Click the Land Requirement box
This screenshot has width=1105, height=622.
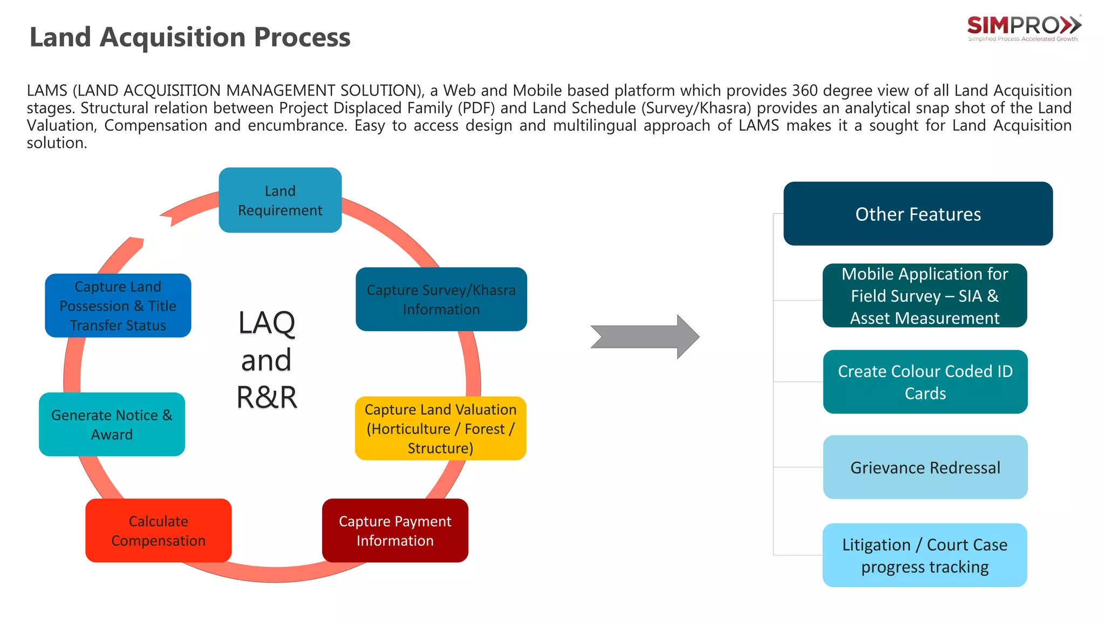click(280, 200)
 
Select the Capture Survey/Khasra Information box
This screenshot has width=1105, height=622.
click(441, 299)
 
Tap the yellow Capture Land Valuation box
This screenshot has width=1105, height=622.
click(440, 428)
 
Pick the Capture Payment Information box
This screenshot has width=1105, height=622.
click(395, 530)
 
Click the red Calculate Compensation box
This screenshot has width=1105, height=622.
click(158, 530)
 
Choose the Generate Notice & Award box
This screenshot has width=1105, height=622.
click(112, 424)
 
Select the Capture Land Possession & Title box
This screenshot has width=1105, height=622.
click(118, 306)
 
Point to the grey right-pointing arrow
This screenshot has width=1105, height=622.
click(645, 337)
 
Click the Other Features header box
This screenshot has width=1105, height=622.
click(918, 214)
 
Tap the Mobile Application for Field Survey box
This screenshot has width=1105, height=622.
click(925, 295)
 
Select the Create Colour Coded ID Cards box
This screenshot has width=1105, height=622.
click(925, 382)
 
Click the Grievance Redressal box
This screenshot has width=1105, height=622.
click(925, 467)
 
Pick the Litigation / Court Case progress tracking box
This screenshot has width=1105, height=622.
click(925, 555)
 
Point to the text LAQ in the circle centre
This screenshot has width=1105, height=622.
click(267, 323)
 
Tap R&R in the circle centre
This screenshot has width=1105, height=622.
click(267, 397)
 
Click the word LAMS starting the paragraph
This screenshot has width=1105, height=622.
click(47, 91)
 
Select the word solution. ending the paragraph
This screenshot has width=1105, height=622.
click(57, 143)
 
